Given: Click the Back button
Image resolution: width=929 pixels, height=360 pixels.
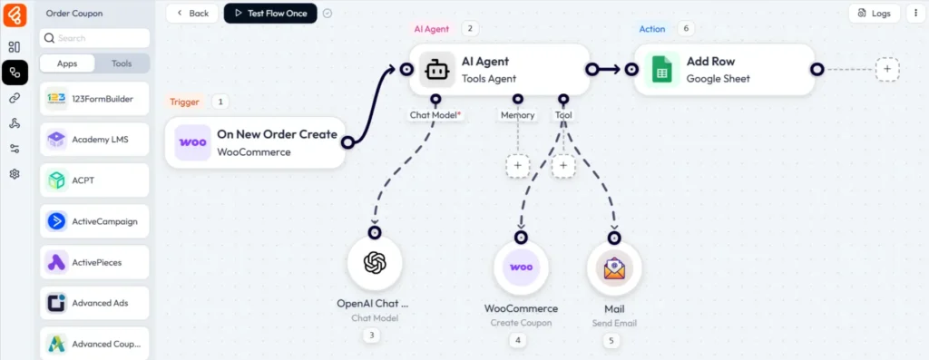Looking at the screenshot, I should [192, 14].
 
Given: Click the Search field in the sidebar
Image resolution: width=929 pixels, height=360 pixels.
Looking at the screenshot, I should [95, 38].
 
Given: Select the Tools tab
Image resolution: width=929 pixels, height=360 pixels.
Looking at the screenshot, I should [122, 64].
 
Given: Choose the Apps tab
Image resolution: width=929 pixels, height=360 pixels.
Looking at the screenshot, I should [67, 64].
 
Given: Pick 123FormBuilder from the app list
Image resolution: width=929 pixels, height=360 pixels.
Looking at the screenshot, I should [95, 98].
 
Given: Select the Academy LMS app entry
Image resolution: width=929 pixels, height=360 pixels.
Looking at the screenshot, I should [95, 139].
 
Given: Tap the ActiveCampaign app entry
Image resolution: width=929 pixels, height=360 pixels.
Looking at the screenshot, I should [95, 221].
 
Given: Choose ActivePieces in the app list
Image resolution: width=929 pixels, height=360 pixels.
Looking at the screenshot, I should [95, 262].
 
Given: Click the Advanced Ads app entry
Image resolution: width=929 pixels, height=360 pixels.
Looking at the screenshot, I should [95, 303].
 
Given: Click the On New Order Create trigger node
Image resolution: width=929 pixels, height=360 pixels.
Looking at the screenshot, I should [255, 142].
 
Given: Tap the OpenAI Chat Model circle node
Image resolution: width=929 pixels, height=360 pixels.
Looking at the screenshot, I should [374, 263].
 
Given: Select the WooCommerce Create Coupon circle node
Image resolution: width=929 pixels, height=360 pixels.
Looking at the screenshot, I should [521, 268].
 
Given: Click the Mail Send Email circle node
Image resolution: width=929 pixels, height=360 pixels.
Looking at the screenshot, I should [614, 268].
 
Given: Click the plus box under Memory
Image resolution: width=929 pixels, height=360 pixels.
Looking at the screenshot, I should [517, 166].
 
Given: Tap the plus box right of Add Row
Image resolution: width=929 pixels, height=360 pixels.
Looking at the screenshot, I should [887, 69].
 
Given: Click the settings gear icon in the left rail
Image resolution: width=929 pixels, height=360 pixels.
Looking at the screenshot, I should [15, 174].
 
